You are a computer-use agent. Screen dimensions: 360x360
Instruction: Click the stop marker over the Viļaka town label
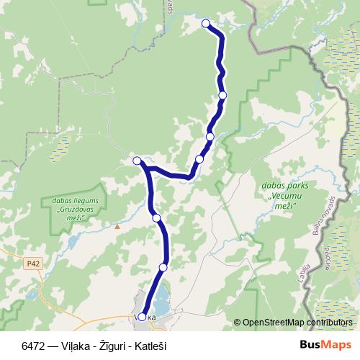coord(142,317)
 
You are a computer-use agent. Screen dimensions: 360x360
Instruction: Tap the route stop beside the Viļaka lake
coord(163,267)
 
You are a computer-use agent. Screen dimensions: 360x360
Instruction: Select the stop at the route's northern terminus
coord(206,23)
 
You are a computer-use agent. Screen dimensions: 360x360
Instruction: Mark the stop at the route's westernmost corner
coord(137,161)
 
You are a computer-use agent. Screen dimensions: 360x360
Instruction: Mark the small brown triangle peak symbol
coord(117,226)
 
